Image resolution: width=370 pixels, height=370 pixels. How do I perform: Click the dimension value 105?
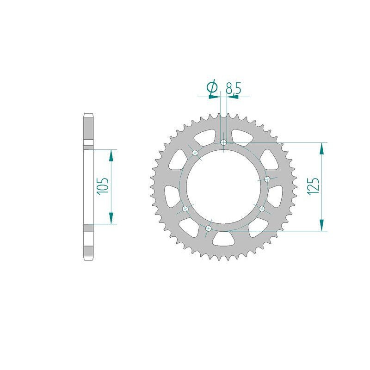[103, 186]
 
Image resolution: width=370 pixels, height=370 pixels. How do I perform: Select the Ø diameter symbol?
[212, 88]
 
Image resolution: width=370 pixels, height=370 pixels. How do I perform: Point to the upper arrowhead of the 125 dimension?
[321, 147]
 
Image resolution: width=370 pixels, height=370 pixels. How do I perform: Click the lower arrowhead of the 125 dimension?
[321, 226]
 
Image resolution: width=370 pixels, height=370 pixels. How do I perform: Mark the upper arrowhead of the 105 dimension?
[111, 154]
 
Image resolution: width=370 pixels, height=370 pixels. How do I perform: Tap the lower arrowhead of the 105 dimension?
[111, 219]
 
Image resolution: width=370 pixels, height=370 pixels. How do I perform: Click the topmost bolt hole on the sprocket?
[224, 143]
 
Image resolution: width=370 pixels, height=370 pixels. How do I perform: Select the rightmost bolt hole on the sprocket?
[267, 179]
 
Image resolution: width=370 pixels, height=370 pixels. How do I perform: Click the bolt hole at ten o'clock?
[195, 153]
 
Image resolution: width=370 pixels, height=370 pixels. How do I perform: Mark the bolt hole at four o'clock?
[262, 209]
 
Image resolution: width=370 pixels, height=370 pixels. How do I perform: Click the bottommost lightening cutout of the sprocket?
[223, 238]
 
